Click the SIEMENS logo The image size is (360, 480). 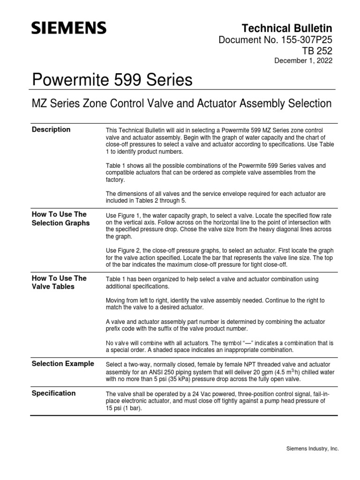[68, 29]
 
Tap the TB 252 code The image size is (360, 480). [319, 52]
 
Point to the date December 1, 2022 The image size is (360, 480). [303, 61]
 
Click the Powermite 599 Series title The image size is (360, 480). [112, 80]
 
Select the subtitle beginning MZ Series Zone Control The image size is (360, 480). [181, 103]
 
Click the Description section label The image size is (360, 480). [51, 129]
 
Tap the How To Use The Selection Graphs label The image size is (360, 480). [60, 219]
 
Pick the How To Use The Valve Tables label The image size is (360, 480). [59, 282]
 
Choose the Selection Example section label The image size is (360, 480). [62, 363]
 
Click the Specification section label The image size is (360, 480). [53, 393]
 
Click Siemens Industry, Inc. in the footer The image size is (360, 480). [312, 449]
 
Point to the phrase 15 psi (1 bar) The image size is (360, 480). [123, 408]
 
